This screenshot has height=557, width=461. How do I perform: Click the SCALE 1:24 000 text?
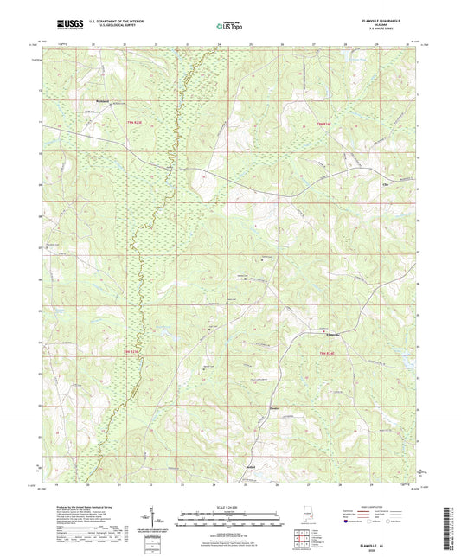(229, 507)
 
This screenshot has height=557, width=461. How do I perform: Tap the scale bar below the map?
(229, 521)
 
